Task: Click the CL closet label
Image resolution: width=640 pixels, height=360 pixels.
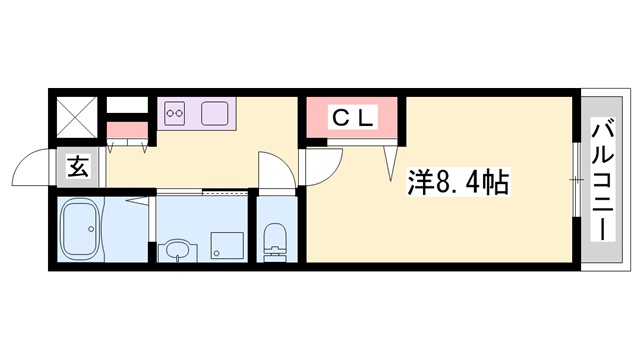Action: pyautogui.click(x=353, y=117)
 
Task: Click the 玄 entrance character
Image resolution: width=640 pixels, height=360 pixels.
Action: pyautogui.click(x=78, y=167)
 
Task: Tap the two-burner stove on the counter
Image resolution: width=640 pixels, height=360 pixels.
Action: pyautogui.click(x=176, y=114)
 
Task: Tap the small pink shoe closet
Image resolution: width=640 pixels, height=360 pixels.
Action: pyautogui.click(x=126, y=130)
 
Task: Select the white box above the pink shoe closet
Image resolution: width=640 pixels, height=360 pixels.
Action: pyautogui.click(x=126, y=104)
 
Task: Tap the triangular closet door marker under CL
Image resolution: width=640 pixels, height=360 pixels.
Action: pyautogui.click(x=390, y=160)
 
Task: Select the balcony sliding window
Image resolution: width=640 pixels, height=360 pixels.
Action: pyautogui.click(x=577, y=180)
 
